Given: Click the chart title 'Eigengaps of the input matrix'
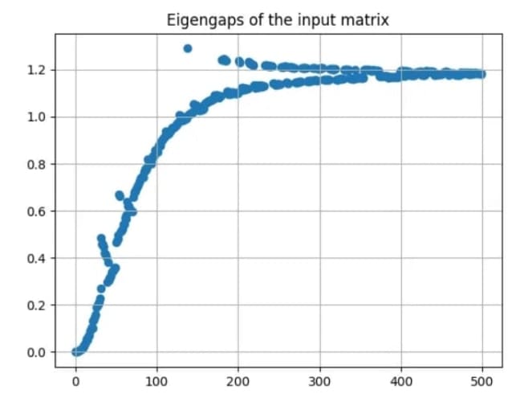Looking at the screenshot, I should pos(278,20).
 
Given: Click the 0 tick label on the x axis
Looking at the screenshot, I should pos(75,381).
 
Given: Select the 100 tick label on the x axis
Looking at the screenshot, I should pos(156,381).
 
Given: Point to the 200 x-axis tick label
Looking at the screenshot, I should pos(238,381).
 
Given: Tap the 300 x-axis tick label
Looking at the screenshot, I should pos(319,381).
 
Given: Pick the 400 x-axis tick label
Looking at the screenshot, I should pos(401,381).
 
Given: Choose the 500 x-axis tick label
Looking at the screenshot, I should pos(482,381).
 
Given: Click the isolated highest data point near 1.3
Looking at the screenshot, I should pos(188,48).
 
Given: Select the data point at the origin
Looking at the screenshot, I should pos(75,351).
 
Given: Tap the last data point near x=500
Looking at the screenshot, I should pos(481,74).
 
